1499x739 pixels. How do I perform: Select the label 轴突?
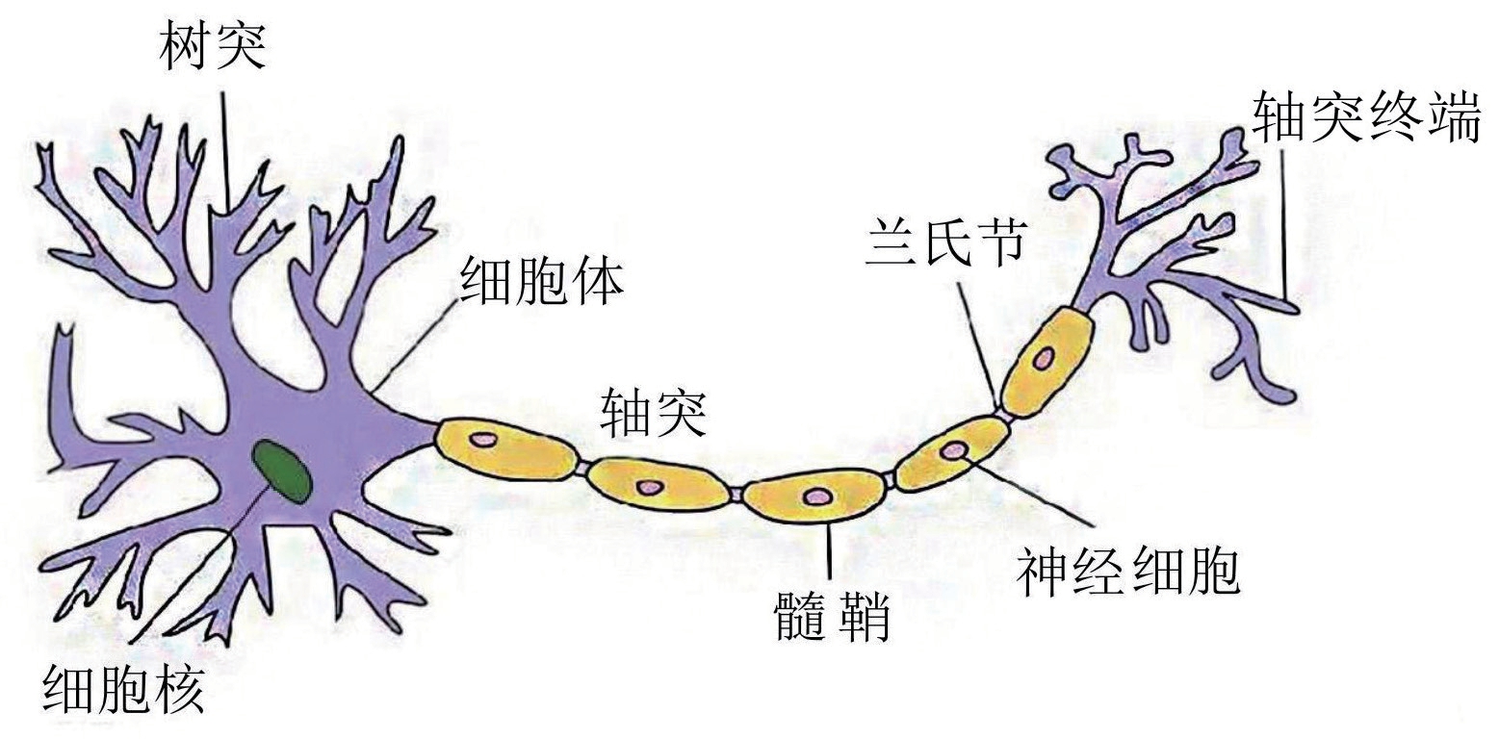pyautogui.click(x=654, y=412)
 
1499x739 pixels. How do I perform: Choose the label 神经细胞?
pyautogui.click(x=1127, y=572)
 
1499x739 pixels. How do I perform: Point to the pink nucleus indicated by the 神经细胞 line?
pyautogui.click(x=956, y=449)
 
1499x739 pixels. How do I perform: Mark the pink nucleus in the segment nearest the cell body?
pyautogui.click(x=480, y=440)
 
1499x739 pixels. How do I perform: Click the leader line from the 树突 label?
pyautogui.click(x=225, y=144)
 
